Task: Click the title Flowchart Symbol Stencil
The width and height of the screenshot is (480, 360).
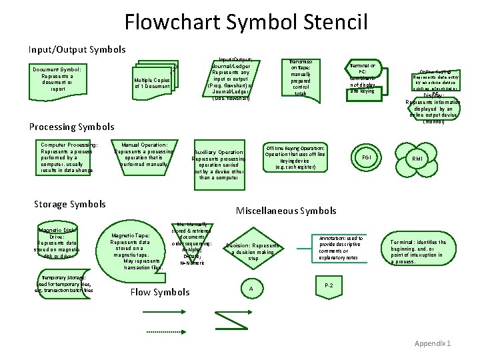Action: coord(246,22)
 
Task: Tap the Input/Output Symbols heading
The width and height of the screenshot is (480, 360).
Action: coord(77,49)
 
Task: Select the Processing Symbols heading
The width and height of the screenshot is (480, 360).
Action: coord(71,127)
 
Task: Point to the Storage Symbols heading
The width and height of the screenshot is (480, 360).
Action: coord(69,204)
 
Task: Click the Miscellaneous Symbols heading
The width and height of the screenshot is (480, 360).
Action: coord(286,211)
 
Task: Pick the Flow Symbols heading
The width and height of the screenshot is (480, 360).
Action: coord(159,292)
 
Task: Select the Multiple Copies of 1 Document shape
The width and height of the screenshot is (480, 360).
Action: coord(152,82)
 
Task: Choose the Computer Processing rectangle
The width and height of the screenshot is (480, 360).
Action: coord(69,157)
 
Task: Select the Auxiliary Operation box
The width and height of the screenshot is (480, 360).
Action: coord(219,164)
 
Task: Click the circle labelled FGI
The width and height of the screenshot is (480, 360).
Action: coord(367,157)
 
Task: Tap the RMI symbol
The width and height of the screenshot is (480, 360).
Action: coord(417,159)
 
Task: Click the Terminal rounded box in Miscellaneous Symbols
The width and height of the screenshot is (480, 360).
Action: coord(418,252)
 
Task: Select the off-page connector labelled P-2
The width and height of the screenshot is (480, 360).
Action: coord(329,286)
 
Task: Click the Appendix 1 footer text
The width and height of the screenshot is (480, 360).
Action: coord(433,343)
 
